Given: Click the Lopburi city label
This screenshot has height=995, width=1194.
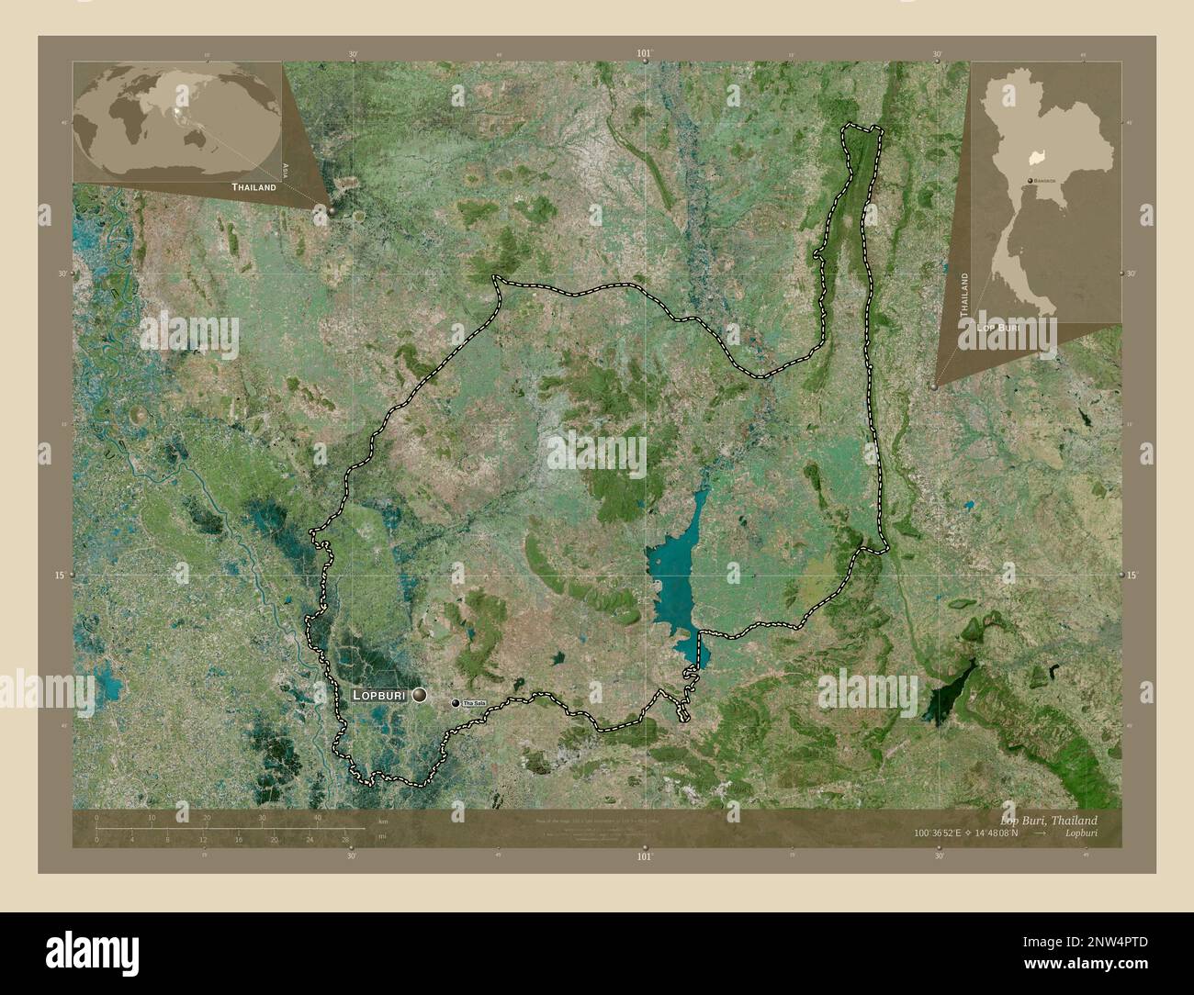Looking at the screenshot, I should tap(379, 696).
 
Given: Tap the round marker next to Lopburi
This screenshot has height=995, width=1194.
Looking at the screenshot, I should tap(420, 696).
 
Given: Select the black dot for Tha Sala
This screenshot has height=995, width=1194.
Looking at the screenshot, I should tap(455, 703).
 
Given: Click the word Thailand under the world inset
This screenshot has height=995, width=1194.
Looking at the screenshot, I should tap(253, 186).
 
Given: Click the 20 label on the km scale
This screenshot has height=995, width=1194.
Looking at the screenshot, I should tap(208, 818).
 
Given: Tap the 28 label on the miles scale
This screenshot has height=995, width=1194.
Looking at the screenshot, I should tap(345, 839).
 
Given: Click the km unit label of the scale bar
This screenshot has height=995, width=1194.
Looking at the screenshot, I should tap(382, 821).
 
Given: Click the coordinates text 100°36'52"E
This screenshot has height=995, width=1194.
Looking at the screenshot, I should tap(944, 833).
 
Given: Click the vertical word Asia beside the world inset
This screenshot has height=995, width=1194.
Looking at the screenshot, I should tap(287, 169).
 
